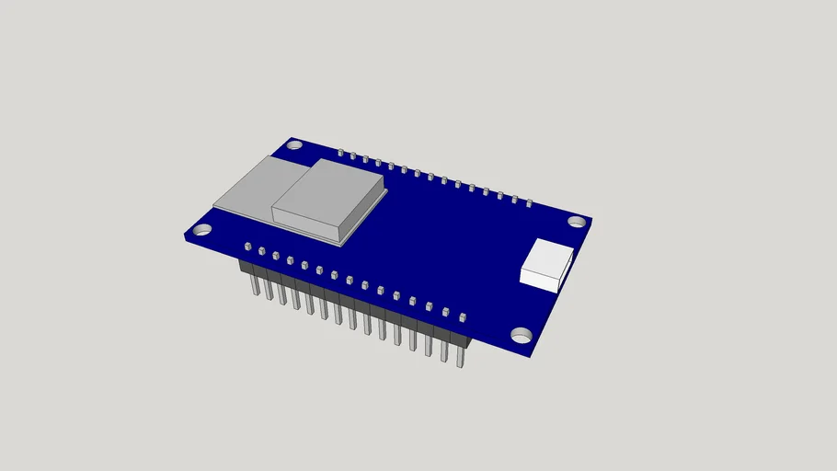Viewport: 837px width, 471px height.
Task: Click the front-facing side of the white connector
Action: [540, 279]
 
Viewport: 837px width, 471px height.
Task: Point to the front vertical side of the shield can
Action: [308, 226]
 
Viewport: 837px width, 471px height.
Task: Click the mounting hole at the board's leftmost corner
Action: [202, 230]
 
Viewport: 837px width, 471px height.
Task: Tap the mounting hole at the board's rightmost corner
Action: [576, 221]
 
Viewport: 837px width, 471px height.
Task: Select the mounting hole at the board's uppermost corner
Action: [294, 144]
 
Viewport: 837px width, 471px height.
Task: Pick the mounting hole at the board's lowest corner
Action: [521, 335]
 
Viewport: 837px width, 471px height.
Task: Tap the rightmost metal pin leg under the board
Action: [460, 354]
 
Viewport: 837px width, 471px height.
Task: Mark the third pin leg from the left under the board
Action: [282, 294]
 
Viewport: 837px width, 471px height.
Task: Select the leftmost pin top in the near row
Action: [247, 247]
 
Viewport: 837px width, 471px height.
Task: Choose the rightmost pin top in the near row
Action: [463, 317]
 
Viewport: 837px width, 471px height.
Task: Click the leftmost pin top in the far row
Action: [340, 152]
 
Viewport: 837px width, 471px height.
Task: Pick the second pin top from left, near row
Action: [262, 251]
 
